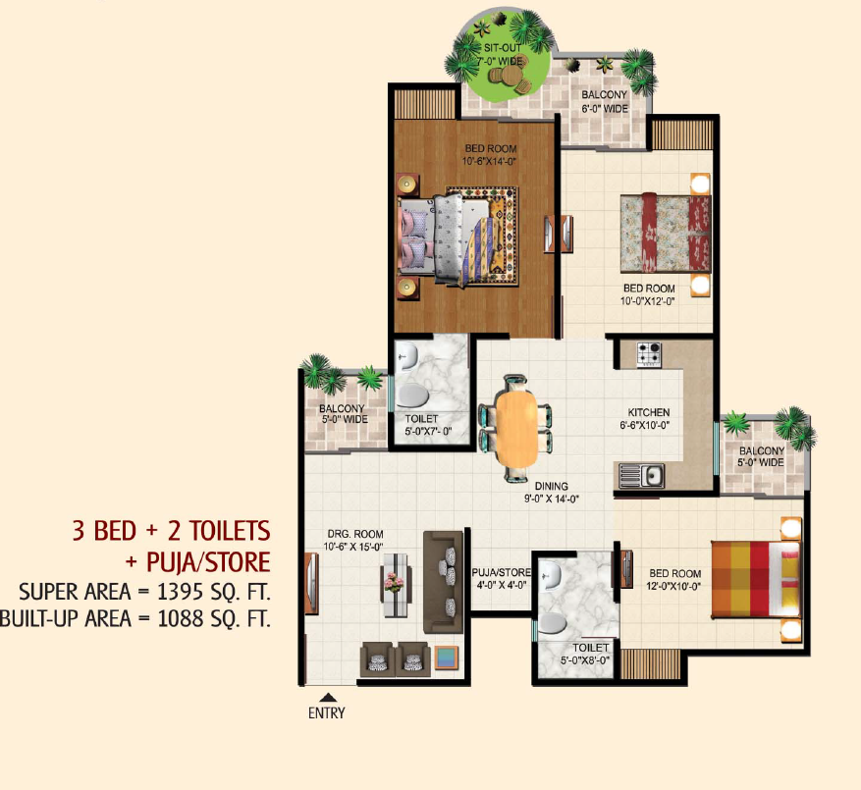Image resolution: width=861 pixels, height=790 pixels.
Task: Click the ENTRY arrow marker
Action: point(328,697)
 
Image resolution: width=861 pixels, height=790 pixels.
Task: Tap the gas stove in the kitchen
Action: point(649,354)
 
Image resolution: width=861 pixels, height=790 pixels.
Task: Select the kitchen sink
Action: point(641,476)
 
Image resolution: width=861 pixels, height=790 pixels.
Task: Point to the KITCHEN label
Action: point(649,412)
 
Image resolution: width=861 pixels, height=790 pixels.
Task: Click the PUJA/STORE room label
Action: point(502,572)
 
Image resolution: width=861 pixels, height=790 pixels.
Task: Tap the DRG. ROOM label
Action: point(355,534)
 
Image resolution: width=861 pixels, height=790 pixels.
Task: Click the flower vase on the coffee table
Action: point(394,582)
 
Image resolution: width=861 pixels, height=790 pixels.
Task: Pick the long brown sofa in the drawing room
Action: point(443,582)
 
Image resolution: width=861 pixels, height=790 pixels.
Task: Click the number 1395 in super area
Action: point(180,592)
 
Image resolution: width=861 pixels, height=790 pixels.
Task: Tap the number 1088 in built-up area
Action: point(181,618)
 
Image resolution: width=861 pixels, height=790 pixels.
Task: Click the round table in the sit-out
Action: point(511,76)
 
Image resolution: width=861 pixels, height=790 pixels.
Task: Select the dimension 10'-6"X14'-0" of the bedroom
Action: point(489,161)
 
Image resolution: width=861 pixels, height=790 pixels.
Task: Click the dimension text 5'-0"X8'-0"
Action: point(585,659)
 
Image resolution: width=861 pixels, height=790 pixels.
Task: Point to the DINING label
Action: point(552,486)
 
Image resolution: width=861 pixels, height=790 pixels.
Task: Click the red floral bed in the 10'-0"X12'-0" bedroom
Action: point(666,233)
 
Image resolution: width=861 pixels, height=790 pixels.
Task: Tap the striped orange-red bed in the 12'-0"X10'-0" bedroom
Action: point(756,579)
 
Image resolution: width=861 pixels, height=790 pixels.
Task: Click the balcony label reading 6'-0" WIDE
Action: point(605,109)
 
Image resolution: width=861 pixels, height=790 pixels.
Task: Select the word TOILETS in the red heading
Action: point(231,531)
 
